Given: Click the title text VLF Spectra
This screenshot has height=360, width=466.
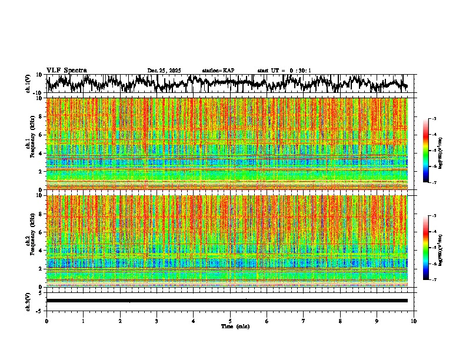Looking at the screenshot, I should click(66, 71).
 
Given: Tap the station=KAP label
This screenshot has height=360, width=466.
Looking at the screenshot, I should click(218, 71).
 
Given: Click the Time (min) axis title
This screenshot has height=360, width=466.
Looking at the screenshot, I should click(235, 326).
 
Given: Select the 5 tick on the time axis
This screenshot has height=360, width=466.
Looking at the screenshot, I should click(230, 321).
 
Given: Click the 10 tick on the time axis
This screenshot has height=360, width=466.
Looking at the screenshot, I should click(414, 321).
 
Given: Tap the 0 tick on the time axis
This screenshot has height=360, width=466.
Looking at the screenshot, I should click(46, 321).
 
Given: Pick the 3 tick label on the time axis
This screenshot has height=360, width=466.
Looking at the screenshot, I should click(157, 321).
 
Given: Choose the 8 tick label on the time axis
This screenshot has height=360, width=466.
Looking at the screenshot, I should click(340, 321).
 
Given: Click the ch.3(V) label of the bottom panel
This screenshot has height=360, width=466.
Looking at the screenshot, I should click(28, 300).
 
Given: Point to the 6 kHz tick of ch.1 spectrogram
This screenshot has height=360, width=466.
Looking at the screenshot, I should click(41, 135).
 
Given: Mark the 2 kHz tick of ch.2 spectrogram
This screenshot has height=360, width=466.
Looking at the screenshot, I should click(41, 269).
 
